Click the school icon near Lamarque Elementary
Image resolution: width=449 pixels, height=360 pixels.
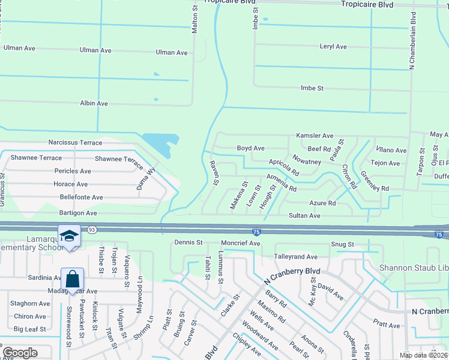tap(69, 236)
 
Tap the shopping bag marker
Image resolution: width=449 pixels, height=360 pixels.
tap(72, 279)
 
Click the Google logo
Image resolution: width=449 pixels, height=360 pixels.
tap(20, 353)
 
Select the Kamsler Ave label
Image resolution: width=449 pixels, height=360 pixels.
tap(314, 136)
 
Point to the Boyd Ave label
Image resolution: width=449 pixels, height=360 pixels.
tap(250, 148)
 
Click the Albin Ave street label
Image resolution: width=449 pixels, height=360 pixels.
tap(94, 103)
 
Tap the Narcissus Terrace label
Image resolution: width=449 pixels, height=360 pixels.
tap(75, 143)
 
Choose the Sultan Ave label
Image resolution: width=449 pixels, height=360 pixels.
tap(322, 215)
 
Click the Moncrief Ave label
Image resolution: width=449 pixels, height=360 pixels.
tap(240, 243)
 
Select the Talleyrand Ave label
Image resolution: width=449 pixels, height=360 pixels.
tap(295, 256)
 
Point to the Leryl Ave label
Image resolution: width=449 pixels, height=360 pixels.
tap(333, 46)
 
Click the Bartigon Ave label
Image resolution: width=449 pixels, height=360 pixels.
tap(77, 212)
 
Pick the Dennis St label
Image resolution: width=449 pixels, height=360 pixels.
tap(188, 242)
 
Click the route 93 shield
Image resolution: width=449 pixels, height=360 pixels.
tap(92, 229)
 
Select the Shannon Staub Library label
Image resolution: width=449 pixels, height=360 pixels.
tap(414, 267)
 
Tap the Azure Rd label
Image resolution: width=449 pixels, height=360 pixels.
tap(322, 203)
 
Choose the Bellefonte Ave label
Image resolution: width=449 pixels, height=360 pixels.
tap(79, 197)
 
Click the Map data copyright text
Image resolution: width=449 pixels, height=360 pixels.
tap(423, 355)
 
